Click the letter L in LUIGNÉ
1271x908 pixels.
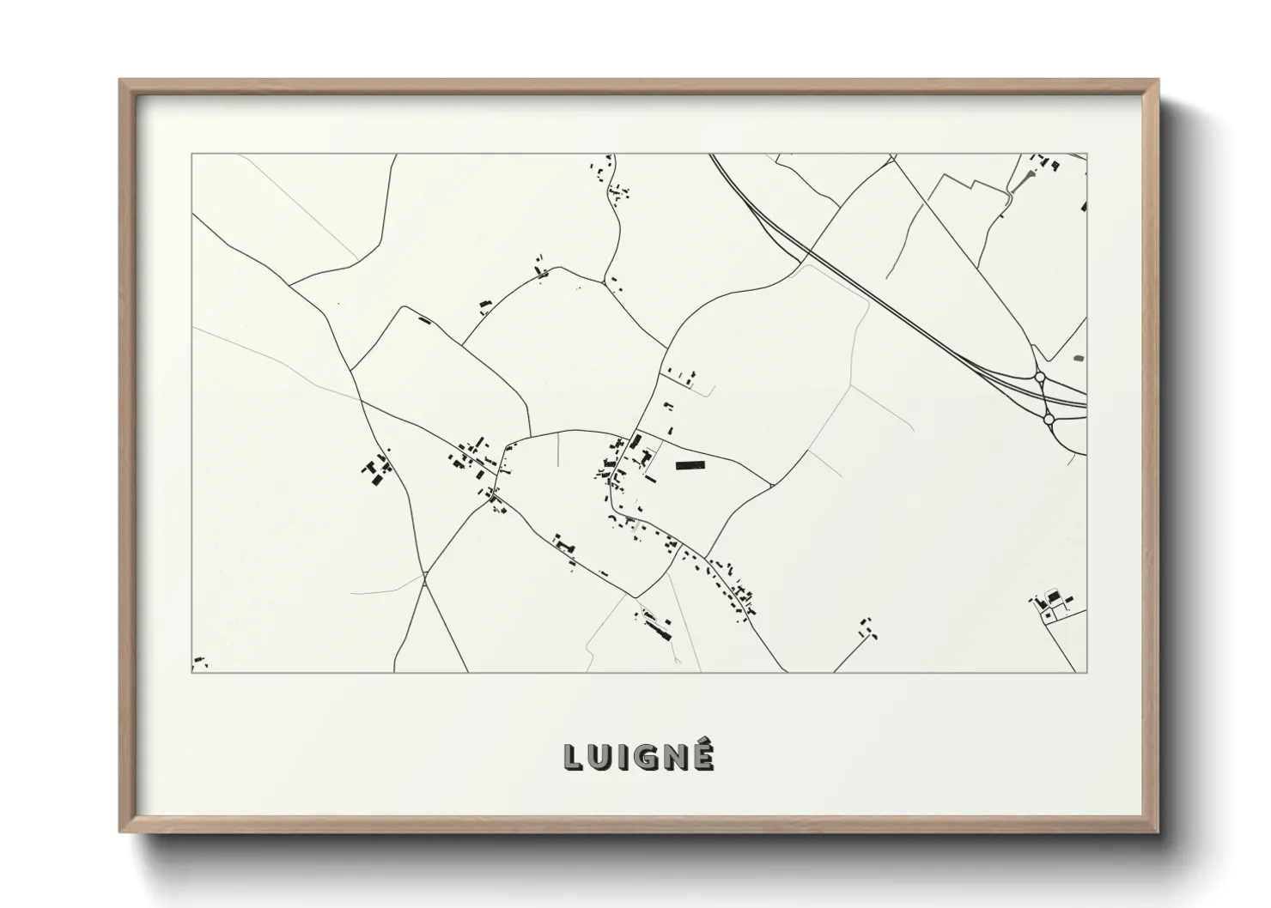pyautogui.click(x=573, y=756)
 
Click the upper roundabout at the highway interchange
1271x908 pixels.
pyautogui.click(x=1040, y=377)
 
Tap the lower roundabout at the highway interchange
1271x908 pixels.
pyautogui.click(x=1048, y=419)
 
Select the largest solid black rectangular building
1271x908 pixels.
pyautogui.click(x=690, y=465)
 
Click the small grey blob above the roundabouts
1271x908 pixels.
pyautogui.click(x=1079, y=357)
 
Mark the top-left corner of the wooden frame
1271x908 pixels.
pyautogui.click(x=121, y=81)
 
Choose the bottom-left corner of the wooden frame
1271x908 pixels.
pyautogui.click(x=121, y=832)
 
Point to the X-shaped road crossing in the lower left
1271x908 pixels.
pyautogui.click(x=425, y=580)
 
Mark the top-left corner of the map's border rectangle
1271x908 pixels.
pyautogui.click(x=192, y=154)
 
